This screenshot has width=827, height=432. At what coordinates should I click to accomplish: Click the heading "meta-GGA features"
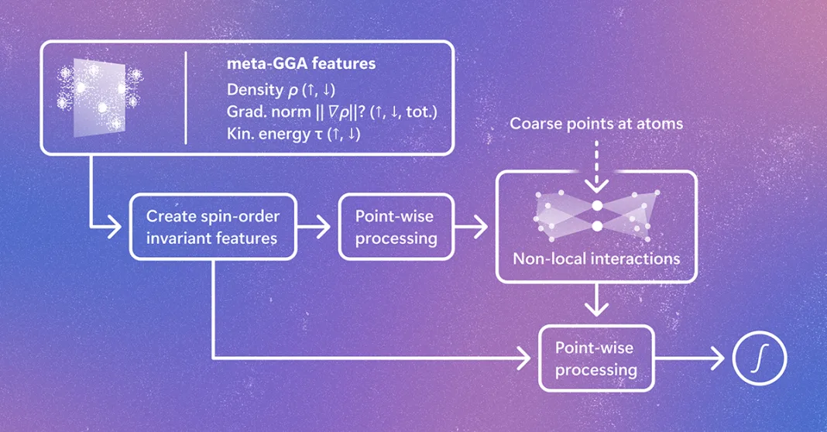tap(301, 63)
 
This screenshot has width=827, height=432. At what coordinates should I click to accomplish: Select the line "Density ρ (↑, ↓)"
tap(281, 90)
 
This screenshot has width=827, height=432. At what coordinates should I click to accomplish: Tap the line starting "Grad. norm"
tap(331, 111)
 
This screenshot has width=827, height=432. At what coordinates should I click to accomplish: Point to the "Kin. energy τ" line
tap(293, 134)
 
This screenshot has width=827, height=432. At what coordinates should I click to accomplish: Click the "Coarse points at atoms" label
tap(596, 123)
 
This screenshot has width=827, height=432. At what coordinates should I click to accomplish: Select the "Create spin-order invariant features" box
tap(213, 227)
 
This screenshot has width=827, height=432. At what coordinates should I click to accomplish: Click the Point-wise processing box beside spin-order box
tap(396, 227)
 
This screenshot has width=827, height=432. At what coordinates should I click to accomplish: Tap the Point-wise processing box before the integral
tap(596, 358)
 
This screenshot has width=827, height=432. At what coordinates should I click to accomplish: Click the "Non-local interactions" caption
tap(596, 259)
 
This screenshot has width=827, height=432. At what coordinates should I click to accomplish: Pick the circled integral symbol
tap(760, 358)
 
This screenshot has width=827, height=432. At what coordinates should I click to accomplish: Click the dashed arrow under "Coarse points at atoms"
tap(596, 166)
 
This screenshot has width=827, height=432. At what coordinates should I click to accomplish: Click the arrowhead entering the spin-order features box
tap(115, 227)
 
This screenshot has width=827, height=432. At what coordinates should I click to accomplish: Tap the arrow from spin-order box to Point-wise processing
tap(314, 227)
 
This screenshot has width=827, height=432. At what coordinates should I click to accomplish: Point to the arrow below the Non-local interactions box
tap(596, 300)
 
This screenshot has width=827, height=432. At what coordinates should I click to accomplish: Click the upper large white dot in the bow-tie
tap(597, 206)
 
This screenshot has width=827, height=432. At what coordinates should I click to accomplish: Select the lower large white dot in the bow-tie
tap(597, 226)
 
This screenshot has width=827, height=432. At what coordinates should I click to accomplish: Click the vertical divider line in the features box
tap(186, 98)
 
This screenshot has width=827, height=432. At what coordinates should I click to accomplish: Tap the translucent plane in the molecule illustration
tap(100, 98)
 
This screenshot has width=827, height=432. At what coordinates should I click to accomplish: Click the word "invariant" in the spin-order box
tap(174, 238)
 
